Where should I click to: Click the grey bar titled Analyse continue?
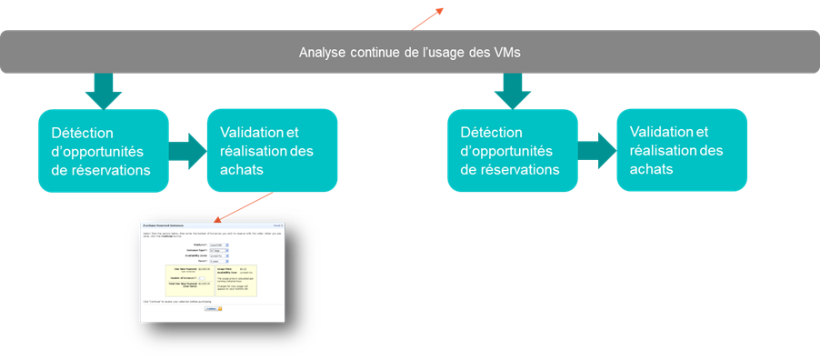point(409,52)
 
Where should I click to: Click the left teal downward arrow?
point(103,89)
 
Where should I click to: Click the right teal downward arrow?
point(513,89)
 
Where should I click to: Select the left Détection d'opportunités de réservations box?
point(103,150)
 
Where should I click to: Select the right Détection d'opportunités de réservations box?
point(513,150)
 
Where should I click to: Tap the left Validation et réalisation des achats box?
point(272,150)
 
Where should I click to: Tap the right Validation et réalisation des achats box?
point(682,150)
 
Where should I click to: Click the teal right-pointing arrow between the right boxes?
point(597,150)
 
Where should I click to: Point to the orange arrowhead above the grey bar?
point(440,10)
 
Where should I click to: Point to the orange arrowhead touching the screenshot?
point(216,219)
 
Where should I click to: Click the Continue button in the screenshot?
point(211,308)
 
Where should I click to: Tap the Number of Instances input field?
point(203,279)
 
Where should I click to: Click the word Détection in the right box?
point(492,133)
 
